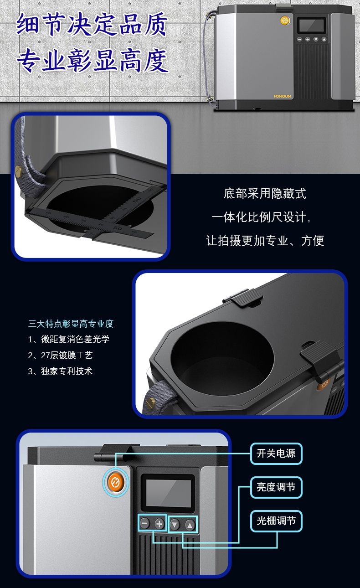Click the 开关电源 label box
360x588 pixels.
[x=276, y=454]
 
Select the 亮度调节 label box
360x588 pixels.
[x=276, y=487]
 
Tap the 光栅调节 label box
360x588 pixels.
[x=276, y=521]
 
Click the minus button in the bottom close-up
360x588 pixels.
[x=144, y=523]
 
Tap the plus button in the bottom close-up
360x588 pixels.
[x=159, y=524]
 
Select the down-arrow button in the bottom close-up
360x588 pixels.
[x=175, y=525]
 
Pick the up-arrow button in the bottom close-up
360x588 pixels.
[x=190, y=525]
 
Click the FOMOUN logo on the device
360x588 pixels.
[x=282, y=96]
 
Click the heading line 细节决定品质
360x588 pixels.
[x=92, y=24]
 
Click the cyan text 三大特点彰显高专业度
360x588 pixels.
[x=71, y=324]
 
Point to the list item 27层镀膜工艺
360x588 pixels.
[x=60, y=355]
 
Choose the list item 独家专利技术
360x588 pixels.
[x=60, y=371]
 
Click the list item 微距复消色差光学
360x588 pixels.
[x=69, y=340]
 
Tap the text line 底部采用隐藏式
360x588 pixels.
[x=265, y=193]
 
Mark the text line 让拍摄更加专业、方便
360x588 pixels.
[x=265, y=241]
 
